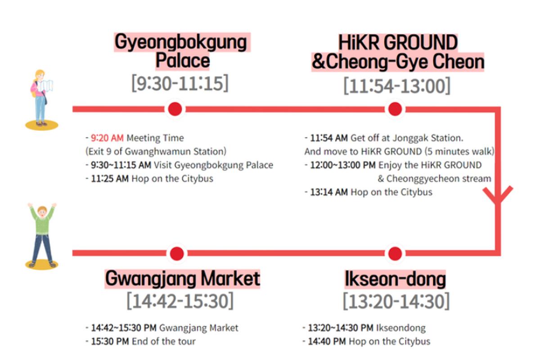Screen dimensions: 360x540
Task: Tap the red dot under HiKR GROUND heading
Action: point(395,109)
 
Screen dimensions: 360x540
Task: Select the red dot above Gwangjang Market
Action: point(177,253)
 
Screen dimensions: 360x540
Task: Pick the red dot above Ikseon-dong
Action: point(395,253)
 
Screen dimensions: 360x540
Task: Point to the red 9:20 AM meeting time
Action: point(107,138)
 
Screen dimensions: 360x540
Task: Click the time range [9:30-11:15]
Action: point(180,84)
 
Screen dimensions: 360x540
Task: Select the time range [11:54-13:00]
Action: point(396,85)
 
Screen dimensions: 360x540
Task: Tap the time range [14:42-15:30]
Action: point(180,301)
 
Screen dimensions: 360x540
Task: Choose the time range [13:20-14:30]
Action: point(396,301)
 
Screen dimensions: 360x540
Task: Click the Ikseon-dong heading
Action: point(395,279)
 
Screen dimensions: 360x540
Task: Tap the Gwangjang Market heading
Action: point(182,279)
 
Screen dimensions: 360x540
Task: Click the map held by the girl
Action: point(45,86)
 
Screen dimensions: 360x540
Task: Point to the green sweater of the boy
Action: point(42,222)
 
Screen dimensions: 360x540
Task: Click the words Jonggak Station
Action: point(434,138)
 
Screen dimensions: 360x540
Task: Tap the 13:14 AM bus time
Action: point(329,192)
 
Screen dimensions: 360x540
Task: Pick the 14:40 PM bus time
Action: point(327,341)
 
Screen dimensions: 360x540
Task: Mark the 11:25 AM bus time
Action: point(110,179)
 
